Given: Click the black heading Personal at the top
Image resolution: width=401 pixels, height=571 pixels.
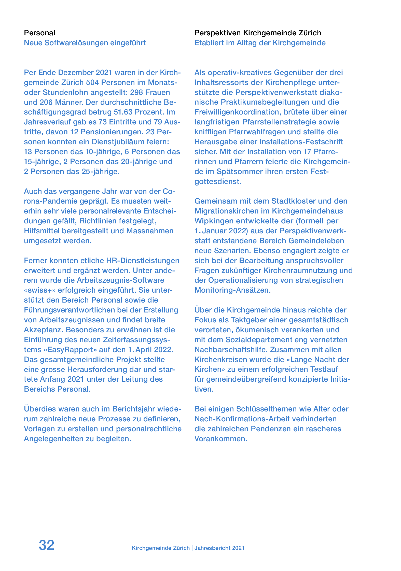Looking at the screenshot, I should click(39, 33).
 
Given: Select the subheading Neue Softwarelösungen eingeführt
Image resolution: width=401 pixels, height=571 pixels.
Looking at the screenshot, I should click(85, 43).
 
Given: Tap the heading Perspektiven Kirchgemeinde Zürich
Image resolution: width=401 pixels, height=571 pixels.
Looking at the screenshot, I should click(258, 33).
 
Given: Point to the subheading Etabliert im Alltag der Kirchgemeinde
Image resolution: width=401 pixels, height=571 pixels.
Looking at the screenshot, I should click(260, 43).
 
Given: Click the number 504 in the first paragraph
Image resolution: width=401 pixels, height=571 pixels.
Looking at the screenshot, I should click(93, 82).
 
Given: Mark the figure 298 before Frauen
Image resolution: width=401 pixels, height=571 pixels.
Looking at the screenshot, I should click(137, 92).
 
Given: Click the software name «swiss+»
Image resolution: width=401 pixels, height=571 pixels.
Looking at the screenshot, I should click(40, 290).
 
